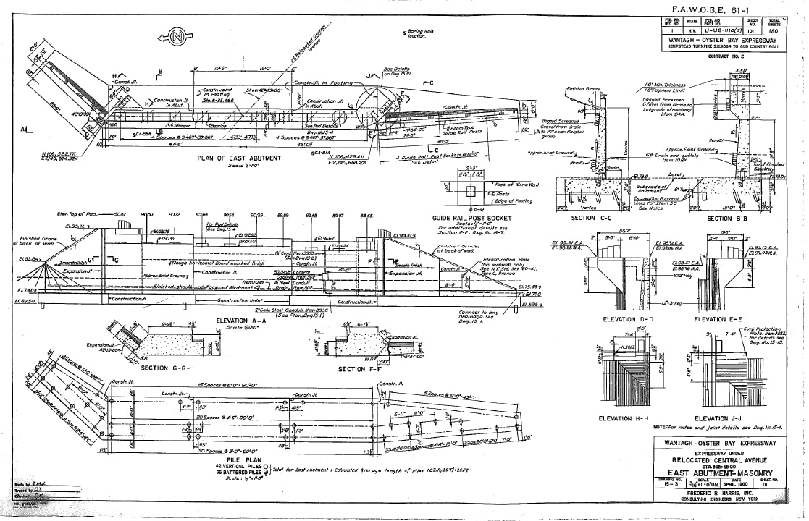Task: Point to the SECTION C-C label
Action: tap(592, 218)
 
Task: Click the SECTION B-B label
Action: tap(730, 218)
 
